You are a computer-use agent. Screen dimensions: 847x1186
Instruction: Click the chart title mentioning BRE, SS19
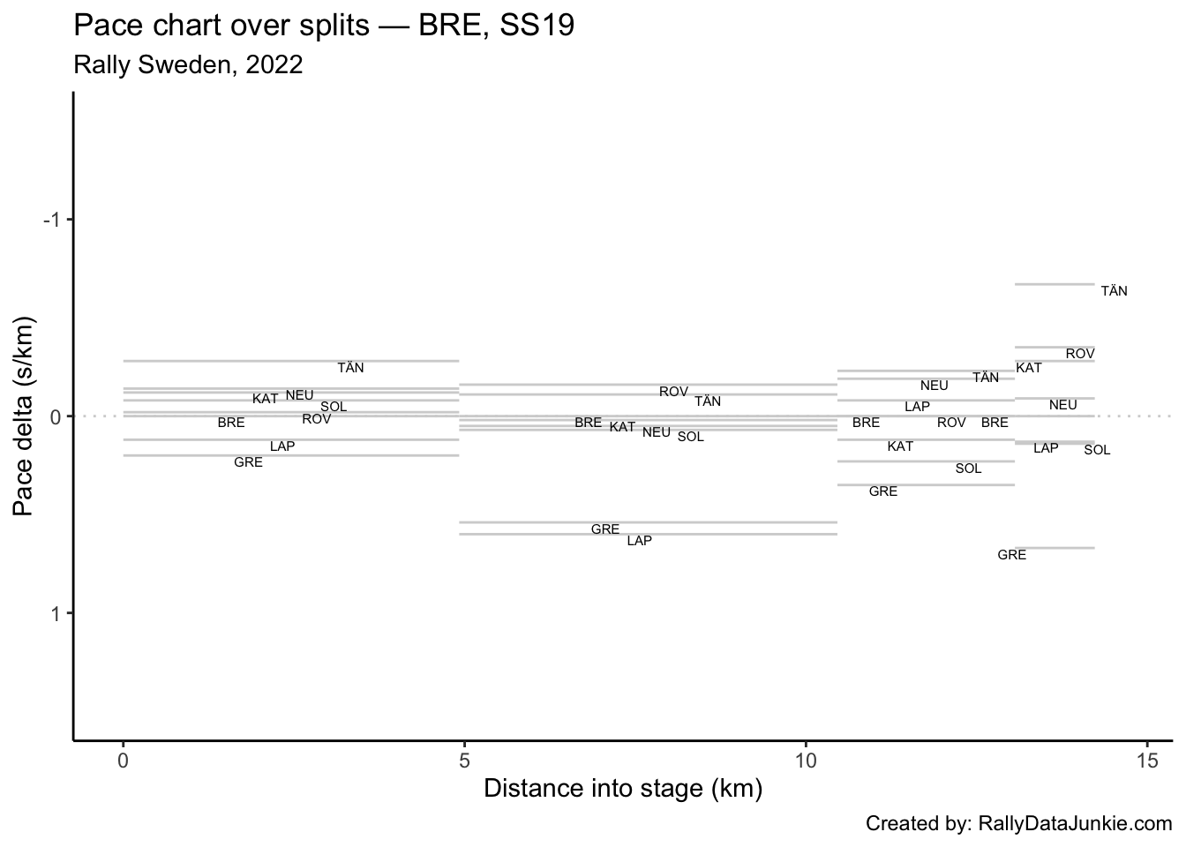click(324, 26)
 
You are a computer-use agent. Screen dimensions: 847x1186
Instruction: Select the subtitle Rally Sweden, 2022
click(188, 65)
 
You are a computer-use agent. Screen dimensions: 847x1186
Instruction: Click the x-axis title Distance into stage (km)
click(623, 788)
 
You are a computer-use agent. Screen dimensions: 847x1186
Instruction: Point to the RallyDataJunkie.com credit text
click(1018, 824)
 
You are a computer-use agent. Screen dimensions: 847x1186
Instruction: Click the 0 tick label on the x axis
click(124, 760)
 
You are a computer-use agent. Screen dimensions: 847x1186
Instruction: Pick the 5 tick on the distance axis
click(465, 760)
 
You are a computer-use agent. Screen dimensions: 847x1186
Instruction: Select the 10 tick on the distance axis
click(806, 760)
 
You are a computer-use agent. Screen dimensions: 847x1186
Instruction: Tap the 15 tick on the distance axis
click(1147, 760)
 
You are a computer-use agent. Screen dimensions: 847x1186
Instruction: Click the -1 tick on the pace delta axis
click(52, 220)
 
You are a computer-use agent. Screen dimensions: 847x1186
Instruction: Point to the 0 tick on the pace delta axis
click(56, 416)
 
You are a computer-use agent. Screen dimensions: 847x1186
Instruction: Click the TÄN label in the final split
click(1114, 291)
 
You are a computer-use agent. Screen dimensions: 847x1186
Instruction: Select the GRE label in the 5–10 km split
click(605, 529)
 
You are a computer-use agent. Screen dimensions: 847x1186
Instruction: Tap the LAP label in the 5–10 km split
click(639, 541)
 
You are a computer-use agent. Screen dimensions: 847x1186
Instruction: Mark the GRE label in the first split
click(248, 462)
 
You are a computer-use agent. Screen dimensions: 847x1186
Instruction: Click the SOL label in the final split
click(1097, 450)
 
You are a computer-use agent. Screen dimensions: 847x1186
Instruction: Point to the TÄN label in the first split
click(350, 368)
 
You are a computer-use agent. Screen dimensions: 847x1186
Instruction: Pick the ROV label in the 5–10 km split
click(673, 392)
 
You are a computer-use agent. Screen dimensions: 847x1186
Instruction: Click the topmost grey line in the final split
click(1055, 284)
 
